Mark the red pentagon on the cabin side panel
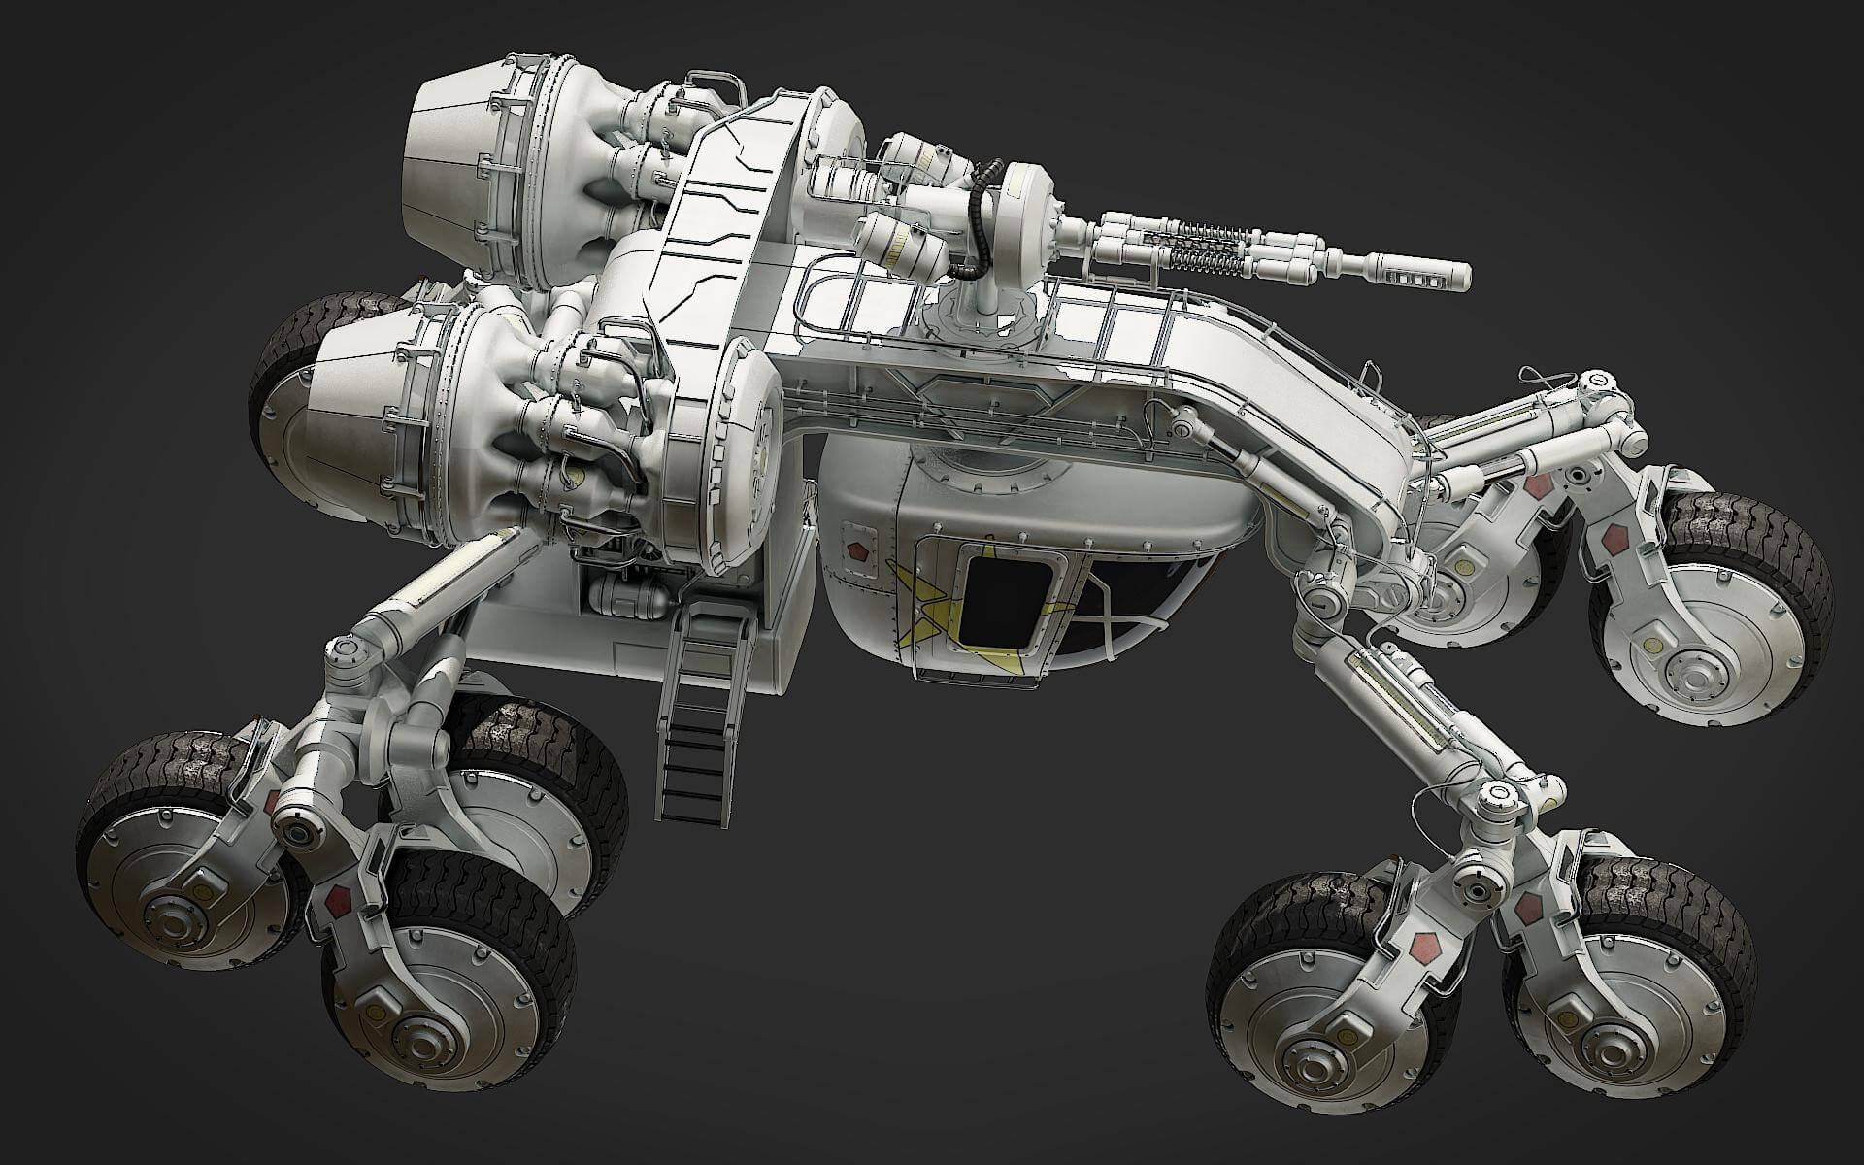tap(855, 549)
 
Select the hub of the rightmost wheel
tap(1694, 670)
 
